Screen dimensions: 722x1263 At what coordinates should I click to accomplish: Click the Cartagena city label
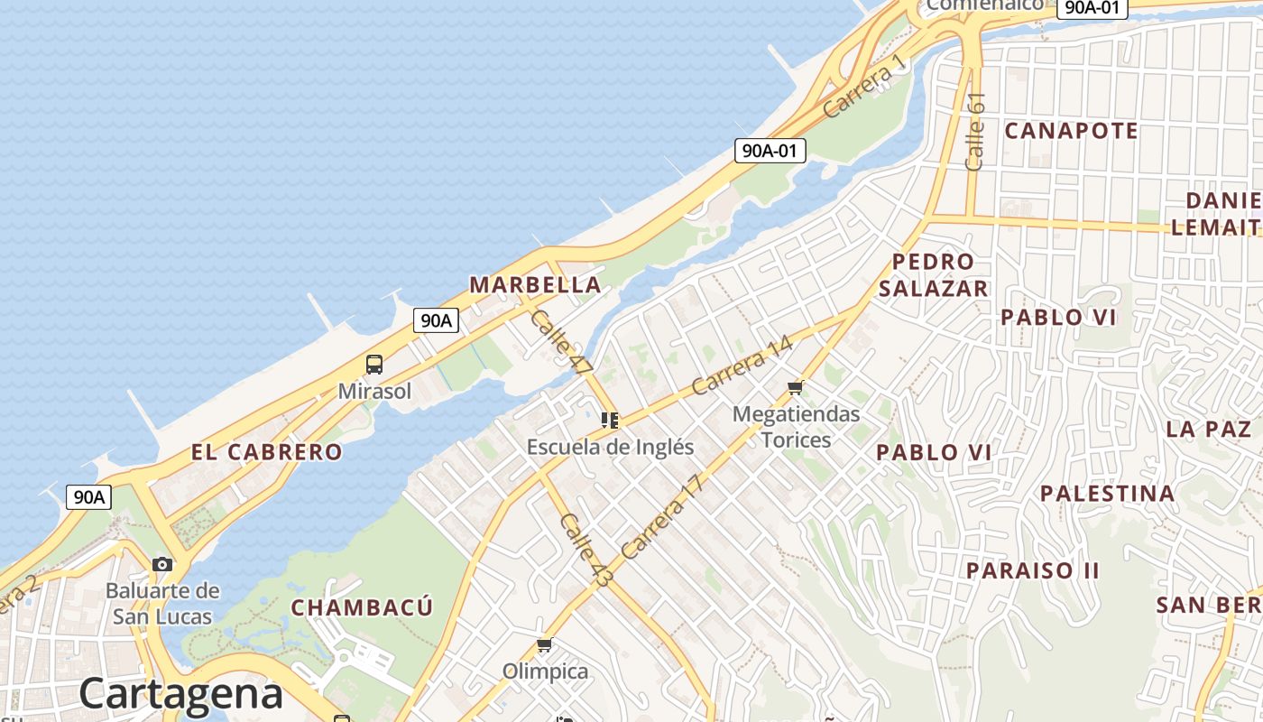(x=180, y=693)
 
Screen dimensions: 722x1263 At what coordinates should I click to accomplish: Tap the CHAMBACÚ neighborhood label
(x=362, y=607)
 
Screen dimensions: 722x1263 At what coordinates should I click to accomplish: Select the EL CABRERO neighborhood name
(x=266, y=452)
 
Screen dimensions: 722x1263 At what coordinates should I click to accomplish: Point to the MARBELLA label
(x=535, y=285)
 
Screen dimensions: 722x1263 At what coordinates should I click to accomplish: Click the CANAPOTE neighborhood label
(x=1071, y=131)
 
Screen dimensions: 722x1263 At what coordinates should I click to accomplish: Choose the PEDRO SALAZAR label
(x=934, y=275)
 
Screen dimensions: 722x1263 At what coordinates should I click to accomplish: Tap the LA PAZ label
(x=1208, y=429)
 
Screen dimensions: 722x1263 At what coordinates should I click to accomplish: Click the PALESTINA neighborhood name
(x=1108, y=494)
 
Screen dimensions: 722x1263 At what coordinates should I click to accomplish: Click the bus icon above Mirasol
(x=374, y=365)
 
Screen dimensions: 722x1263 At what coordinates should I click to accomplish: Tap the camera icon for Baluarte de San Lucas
(x=162, y=565)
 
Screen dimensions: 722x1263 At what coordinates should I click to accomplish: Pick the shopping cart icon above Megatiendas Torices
(x=795, y=388)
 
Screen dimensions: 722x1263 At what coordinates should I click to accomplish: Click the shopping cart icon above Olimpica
(x=544, y=645)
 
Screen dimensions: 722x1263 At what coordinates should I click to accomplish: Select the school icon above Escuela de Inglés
(x=610, y=421)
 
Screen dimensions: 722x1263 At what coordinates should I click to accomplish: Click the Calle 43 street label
(x=585, y=551)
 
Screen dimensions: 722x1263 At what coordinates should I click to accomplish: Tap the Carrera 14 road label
(x=742, y=366)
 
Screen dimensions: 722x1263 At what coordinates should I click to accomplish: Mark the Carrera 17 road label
(x=660, y=517)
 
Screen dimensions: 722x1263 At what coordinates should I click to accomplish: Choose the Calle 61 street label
(x=975, y=132)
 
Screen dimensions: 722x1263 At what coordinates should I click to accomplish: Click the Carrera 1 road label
(x=863, y=86)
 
